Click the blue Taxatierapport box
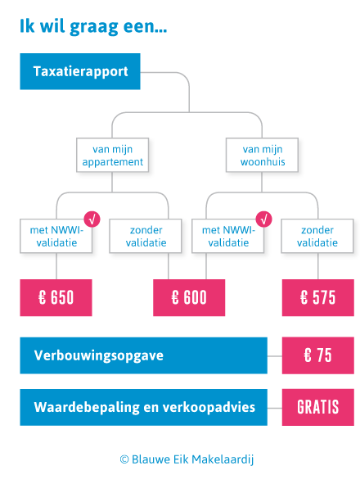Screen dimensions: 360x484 (x=80, y=71)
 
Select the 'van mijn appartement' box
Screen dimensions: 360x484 (x=113, y=155)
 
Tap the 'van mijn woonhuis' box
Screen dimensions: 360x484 (x=262, y=155)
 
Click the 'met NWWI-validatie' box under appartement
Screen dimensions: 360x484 (x=56, y=236)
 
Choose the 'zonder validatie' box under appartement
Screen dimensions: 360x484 (x=146, y=236)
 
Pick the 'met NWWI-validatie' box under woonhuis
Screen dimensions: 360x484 (x=228, y=236)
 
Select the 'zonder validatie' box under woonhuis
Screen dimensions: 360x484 (x=317, y=236)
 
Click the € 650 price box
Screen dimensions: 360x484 (x=56, y=297)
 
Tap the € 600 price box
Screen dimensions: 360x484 (x=189, y=297)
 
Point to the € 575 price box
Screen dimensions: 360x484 (x=318, y=297)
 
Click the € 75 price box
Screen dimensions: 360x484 (x=318, y=355)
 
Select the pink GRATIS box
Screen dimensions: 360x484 (x=318, y=407)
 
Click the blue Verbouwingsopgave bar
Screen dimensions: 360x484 (x=144, y=355)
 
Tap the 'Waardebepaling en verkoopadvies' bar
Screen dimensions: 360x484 (x=144, y=407)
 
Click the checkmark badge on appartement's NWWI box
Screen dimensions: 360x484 (x=92, y=219)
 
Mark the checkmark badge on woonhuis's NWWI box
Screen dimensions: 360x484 (x=263, y=219)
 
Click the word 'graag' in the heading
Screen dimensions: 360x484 (x=94, y=27)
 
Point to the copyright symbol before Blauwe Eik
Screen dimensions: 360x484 (x=124, y=459)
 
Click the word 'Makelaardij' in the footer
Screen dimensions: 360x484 (x=223, y=459)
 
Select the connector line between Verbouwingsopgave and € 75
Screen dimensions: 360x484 (x=275, y=356)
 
